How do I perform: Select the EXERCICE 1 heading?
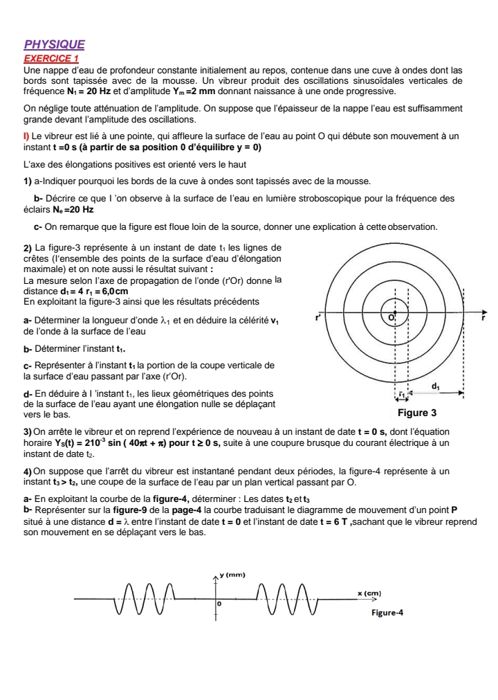50,59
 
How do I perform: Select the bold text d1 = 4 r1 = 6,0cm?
89,291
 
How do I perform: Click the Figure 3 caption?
418,413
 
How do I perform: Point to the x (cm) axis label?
370,593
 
